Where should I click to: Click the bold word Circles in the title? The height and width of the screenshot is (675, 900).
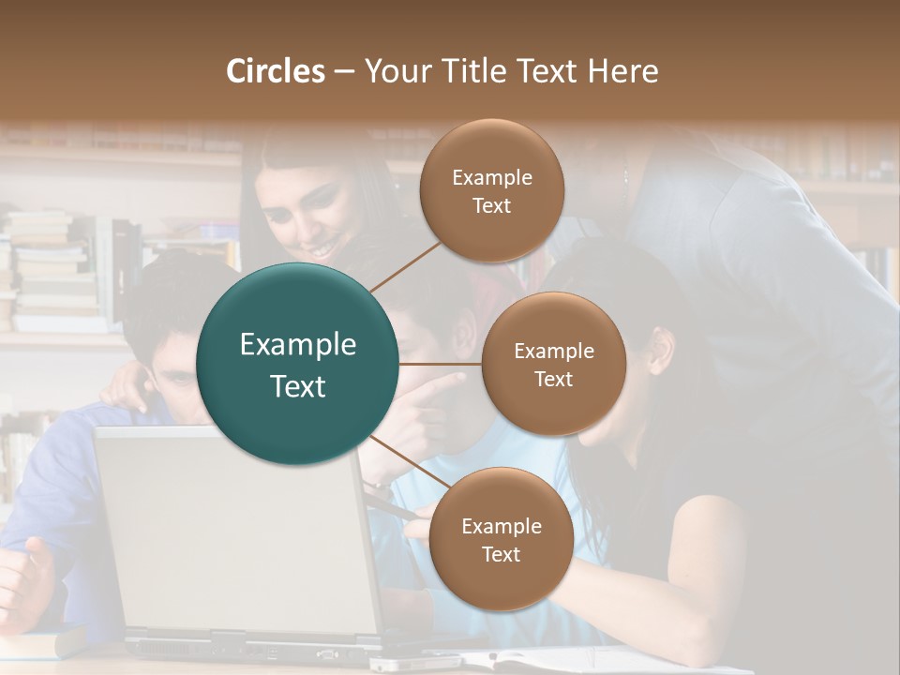(x=276, y=71)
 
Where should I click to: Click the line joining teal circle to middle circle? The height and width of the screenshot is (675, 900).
(x=441, y=364)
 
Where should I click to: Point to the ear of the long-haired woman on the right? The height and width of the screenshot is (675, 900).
(x=663, y=349)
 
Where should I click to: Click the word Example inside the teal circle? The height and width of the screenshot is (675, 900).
(x=298, y=345)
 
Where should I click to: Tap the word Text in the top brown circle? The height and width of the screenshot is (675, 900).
(x=491, y=206)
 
